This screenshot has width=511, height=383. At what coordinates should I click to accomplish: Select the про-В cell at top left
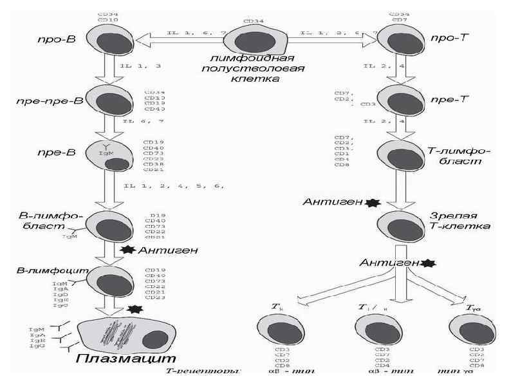[113, 41]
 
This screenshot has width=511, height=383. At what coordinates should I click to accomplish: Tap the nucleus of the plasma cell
[156, 339]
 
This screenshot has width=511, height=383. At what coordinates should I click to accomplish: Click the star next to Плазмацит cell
[135, 310]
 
